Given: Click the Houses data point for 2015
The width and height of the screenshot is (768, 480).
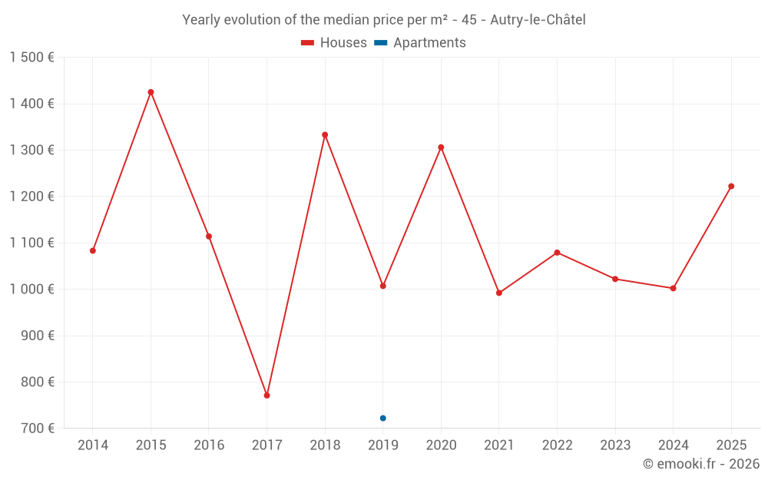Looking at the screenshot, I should pos(151,92).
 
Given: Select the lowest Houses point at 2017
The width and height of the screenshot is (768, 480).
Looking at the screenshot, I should pos(266,396).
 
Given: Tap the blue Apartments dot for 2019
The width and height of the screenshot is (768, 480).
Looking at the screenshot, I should pos(382,418).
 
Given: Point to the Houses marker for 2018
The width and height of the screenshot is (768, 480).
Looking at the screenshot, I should pos(325,135).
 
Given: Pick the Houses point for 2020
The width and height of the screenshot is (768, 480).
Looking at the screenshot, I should pos(441,147).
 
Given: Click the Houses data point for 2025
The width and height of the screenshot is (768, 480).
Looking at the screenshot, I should pos(731,186).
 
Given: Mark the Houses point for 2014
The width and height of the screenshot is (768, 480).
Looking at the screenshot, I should pos(93,250).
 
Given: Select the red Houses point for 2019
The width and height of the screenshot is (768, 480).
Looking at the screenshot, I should pos(382,286).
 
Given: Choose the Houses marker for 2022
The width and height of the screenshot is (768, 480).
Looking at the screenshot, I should pos(557,253).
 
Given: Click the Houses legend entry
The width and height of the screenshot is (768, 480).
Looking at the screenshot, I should pos(334,43).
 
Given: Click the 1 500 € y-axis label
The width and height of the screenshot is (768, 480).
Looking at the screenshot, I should pos(31,58).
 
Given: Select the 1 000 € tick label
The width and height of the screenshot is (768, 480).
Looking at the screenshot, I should pos(31,290).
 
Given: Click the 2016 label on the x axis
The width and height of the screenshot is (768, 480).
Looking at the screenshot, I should pos(209,445).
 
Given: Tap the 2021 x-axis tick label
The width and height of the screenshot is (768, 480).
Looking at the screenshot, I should pos(499,445).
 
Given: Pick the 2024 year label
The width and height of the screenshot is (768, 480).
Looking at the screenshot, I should pos(673,445).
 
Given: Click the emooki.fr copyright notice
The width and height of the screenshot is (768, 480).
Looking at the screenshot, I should pos(700,464).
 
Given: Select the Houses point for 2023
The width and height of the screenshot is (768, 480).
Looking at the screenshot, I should pos(615,279).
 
